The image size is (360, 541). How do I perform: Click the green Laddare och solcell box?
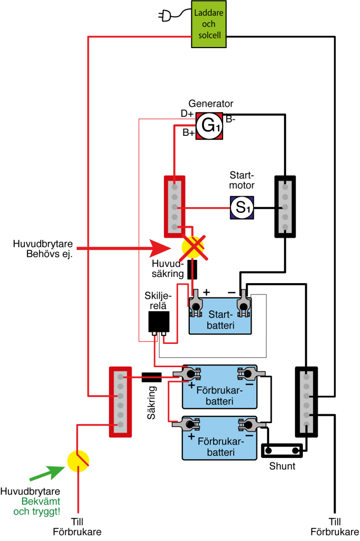click(x=209, y=24)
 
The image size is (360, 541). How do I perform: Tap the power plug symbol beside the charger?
click(x=165, y=15)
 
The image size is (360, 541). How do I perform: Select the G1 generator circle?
click(x=209, y=126)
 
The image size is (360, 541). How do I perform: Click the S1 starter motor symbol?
click(x=242, y=208)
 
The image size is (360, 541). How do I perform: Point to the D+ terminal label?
click(x=187, y=114)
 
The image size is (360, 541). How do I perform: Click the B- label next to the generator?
click(x=230, y=119)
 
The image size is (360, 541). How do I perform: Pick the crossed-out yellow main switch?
click(x=193, y=247)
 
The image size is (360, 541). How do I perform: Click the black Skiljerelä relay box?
click(x=159, y=322)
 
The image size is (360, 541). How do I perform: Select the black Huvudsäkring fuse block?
click(x=192, y=270)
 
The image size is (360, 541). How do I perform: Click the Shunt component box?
click(x=282, y=451)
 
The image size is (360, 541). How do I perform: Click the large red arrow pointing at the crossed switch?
click(x=124, y=248)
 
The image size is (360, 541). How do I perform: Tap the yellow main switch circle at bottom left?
click(x=78, y=461)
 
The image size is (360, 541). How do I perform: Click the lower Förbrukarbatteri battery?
click(x=219, y=438)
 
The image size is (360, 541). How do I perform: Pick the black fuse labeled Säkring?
click(x=152, y=377)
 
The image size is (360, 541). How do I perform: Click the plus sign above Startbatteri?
click(x=206, y=292)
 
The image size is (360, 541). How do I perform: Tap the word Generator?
click(x=211, y=104)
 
